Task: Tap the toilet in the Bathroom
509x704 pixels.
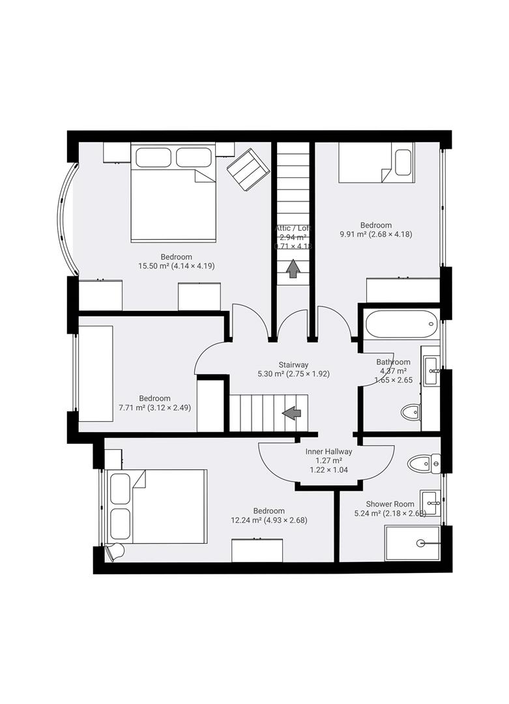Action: click(411, 412)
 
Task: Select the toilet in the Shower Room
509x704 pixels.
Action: click(422, 463)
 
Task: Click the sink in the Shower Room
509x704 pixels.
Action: click(430, 503)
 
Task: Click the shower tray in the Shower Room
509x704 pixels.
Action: click(413, 543)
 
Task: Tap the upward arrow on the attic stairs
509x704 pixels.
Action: click(293, 268)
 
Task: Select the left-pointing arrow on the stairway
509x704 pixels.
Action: click(291, 412)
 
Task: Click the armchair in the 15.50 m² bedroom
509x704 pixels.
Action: click(248, 169)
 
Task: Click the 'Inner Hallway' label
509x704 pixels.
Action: click(329, 451)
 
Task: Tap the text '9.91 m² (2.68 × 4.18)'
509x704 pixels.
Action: click(375, 235)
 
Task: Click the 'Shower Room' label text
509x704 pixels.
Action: click(390, 504)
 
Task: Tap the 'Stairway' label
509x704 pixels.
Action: click(293, 365)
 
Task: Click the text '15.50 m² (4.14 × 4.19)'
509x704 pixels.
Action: click(177, 266)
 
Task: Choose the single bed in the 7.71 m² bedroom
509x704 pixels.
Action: click(96, 374)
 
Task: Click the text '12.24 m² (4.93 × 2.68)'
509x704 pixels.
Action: click(269, 520)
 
